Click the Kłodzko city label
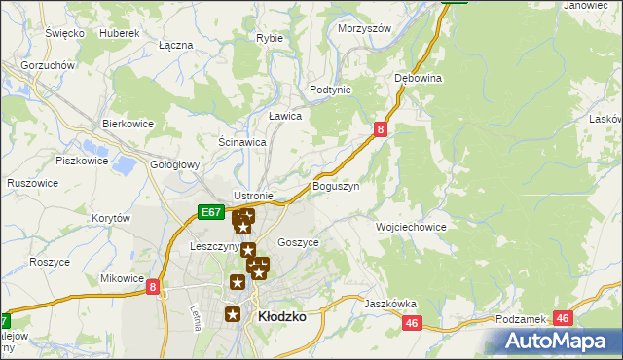tap(282, 316)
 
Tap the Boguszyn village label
tap(337, 185)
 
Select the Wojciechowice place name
tap(411, 227)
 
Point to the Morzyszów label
tap(364, 28)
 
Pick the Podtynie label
tap(330, 90)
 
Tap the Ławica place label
tap(285, 116)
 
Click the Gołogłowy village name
tap(174, 164)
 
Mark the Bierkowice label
tap(128, 125)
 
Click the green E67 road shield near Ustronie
tap(210, 211)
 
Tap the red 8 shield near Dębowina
tap(381, 127)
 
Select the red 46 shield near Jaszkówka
tap(412, 323)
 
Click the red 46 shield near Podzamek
tap(562, 317)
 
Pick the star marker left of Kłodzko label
tap(233, 313)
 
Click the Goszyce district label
tap(298, 243)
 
